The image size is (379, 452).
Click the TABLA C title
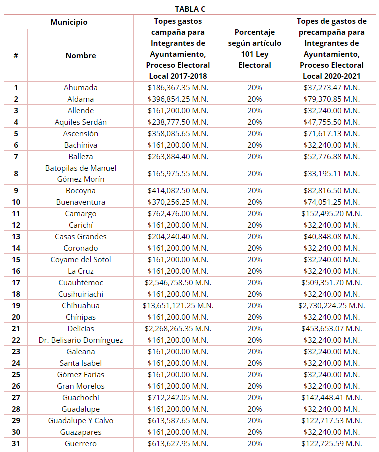(x=190, y=9)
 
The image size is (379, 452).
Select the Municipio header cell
(x=69, y=22)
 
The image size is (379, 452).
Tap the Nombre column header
(x=80, y=55)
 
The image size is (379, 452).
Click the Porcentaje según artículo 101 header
(x=254, y=49)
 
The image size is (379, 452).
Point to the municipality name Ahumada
(x=80, y=88)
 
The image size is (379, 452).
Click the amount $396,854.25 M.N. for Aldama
(x=178, y=99)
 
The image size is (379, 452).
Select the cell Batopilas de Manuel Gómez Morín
(x=80, y=174)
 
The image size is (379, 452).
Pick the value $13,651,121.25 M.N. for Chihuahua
(x=178, y=306)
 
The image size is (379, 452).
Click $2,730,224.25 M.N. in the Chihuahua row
(x=331, y=306)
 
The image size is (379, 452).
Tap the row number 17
(x=16, y=283)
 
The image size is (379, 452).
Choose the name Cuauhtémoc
(x=80, y=283)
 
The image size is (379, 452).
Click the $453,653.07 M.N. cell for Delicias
(x=331, y=329)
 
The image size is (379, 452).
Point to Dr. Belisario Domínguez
(x=80, y=340)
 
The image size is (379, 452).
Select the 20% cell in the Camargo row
(x=254, y=214)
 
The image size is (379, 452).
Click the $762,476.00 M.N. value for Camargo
(x=178, y=214)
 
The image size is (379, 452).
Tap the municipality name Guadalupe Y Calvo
(x=80, y=421)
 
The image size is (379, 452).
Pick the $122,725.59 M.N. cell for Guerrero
(x=331, y=444)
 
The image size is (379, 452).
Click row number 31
(x=16, y=444)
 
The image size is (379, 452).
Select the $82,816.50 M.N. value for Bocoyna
(x=331, y=191)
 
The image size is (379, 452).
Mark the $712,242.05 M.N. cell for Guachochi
(x=178, y=398)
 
